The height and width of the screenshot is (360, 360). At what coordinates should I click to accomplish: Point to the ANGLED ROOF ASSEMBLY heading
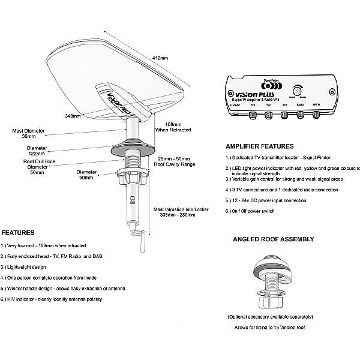273,239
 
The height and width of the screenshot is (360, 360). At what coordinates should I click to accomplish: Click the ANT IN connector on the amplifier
317,111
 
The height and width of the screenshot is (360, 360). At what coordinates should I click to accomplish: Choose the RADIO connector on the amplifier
299,111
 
